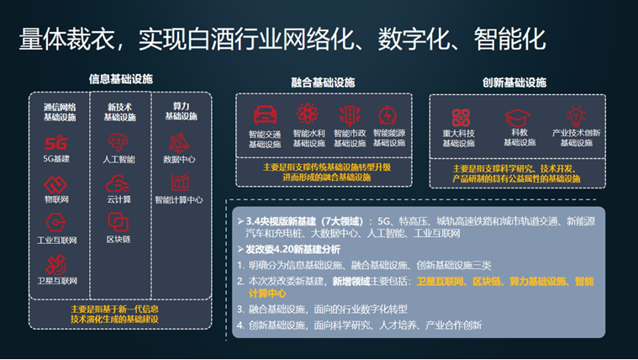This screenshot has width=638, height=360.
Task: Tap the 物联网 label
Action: coord(56,199)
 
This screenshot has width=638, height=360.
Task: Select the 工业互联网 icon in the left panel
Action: coord(55,223)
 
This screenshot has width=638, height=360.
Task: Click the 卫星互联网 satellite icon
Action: coord(55,263)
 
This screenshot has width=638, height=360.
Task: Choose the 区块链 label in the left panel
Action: coord(118,240)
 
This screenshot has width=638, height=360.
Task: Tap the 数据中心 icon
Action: coord(179,141)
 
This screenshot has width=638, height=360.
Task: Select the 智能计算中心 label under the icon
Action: coord(179,200)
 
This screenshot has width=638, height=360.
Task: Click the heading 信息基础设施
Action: coord(121,79)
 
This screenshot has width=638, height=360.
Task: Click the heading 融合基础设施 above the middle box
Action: coord(323,82)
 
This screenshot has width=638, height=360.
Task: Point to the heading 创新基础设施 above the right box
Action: coord(514,82)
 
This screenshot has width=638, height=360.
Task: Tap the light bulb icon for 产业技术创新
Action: coord(576,116)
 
